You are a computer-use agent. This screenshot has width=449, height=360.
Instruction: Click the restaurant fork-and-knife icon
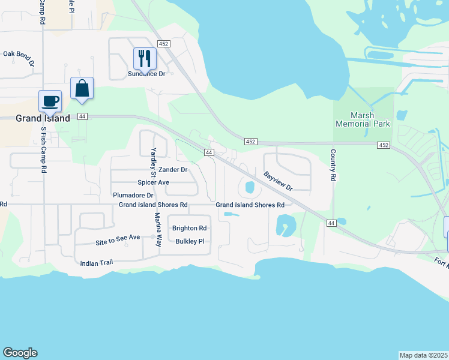[144, 58]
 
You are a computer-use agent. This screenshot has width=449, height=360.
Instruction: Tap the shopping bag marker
[82, 88]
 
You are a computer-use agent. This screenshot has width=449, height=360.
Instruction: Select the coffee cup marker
[50, 100]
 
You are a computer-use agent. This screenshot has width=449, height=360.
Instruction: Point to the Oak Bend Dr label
[18, 54]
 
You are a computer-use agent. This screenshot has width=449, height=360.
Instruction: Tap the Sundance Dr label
[146, 74]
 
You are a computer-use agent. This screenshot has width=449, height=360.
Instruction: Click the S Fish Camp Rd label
[43, 150]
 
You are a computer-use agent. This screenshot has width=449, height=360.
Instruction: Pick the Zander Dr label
[173, 170]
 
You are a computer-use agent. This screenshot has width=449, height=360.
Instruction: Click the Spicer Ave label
[153, 182]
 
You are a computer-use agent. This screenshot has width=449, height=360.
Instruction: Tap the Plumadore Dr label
[133, 195]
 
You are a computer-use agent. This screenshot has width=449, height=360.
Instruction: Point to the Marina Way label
[158, 230]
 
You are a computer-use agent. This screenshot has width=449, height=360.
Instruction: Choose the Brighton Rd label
[189, 228]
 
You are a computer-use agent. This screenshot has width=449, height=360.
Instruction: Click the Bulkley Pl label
[190, 241]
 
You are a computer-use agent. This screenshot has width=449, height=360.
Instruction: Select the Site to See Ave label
[117, 238]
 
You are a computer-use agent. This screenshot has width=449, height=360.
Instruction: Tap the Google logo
[20, 353]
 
